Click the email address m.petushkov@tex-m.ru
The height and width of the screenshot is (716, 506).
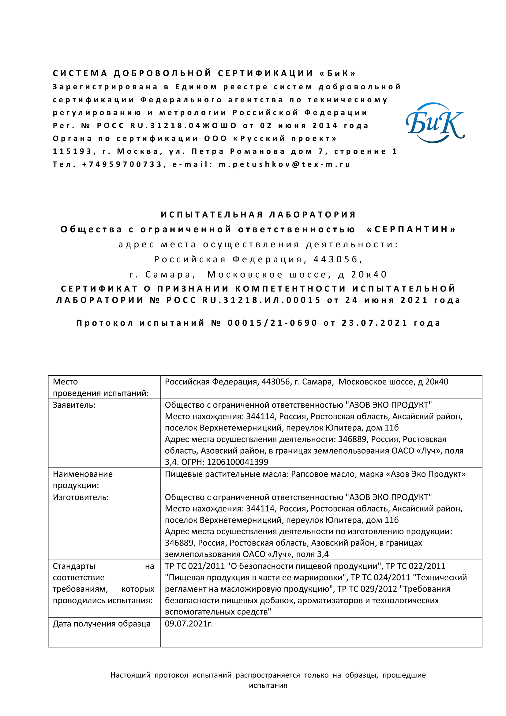tap(284, 164)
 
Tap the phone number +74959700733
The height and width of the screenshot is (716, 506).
tap(122, 164)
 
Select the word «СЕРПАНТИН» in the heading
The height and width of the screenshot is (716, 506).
tap(411, 230)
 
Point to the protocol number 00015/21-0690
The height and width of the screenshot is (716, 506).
tap(272, 323)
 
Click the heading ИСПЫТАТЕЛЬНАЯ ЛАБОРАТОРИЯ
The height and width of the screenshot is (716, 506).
tap(258, 215)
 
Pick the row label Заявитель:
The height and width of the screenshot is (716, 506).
tap(74, 405)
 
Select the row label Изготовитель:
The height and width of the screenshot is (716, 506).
tap(81, 497)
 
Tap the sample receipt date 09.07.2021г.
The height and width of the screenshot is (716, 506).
tap(189, 623)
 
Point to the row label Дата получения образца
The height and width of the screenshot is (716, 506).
tap(102, 623)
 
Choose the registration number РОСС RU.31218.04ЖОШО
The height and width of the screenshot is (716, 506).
tap(167, 126)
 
